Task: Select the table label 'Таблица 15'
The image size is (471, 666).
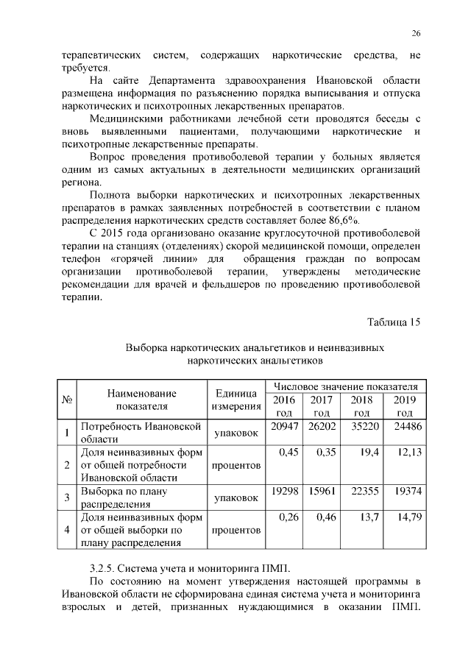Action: (393, 321)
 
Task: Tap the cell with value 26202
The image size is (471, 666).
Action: (322, 428)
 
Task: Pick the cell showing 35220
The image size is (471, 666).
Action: (366, 428)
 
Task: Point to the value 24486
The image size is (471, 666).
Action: (406, 428)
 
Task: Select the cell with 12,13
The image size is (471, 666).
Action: (408, 453)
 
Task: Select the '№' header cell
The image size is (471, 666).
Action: (67, 400)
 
